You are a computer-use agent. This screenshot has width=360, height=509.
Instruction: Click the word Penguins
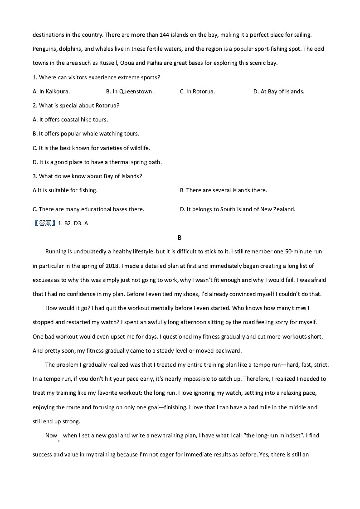tap(44, 49)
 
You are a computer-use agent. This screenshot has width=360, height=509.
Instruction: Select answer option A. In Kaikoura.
tap(51, 92)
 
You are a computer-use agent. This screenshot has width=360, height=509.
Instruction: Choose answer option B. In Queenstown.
tap(130, 92)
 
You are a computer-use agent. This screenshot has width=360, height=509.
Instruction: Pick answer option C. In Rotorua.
tap(197, 92)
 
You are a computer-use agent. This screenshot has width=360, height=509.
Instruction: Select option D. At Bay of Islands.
tap(279, 92)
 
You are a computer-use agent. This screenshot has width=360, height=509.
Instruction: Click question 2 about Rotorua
tap(76, 106)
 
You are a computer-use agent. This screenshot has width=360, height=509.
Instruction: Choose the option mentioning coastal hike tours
tap(70, 120)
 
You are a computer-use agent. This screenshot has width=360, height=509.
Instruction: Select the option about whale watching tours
tap(86, 134)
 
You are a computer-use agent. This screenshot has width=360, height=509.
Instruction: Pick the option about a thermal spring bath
tap(97, 162)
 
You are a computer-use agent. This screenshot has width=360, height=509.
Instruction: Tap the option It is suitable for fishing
tap(65, 190)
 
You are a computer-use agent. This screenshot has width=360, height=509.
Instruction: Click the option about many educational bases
tap(88, 209)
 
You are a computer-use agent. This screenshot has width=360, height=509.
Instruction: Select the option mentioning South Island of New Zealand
tap(238, 209)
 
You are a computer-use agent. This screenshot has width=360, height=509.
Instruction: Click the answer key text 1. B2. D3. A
tap(73, 223)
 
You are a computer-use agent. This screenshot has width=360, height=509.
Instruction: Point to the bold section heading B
tap(180, 238)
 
